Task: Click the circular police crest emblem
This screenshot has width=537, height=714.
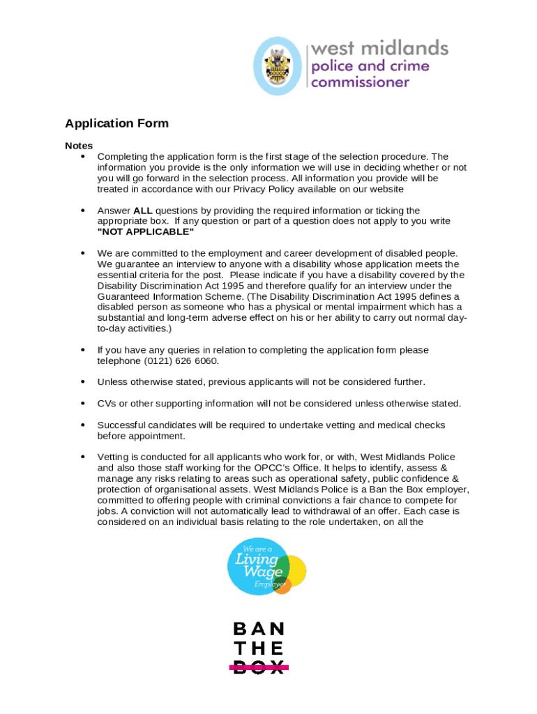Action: (278, 66)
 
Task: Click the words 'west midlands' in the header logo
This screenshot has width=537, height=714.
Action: (379, 48)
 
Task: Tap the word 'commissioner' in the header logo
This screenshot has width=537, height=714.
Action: (360, 82)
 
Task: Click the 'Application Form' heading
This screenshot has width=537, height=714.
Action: (116, 123)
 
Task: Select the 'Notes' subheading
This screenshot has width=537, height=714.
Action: (79, 146)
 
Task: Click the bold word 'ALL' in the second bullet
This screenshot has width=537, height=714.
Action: (142, 211)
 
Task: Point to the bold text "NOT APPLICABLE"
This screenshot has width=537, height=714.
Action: (146, 231)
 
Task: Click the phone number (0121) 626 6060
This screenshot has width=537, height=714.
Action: (181, 360)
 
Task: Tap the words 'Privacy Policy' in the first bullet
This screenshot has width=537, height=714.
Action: (278, 189)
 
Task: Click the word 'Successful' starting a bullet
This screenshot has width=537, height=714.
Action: (120, 425)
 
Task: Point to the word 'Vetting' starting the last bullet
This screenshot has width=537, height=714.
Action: (113, 457)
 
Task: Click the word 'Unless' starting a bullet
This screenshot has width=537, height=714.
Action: (112, 382)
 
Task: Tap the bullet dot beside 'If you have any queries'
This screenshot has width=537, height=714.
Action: (83, 350)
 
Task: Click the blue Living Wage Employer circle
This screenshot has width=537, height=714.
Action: (256, 565)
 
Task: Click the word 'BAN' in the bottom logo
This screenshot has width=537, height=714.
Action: (259, 630)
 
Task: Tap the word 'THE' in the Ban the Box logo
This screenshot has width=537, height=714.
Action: (259, 648)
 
